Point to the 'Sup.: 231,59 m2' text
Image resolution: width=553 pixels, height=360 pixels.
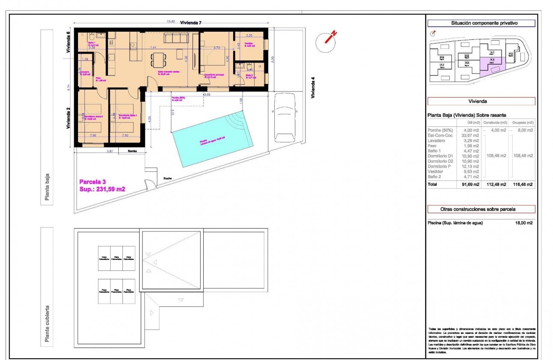(102, 189)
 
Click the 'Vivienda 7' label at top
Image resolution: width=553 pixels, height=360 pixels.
(191, 23)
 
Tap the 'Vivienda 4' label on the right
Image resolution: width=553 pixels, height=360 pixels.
(313, 88)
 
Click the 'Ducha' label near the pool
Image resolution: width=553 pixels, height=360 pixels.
(167, 178)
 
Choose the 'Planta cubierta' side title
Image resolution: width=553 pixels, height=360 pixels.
(47, 325)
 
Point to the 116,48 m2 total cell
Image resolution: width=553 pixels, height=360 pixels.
(524, 185)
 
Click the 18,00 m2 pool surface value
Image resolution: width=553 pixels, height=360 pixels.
(524, 223)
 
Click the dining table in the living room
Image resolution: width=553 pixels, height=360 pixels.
(159, 59)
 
